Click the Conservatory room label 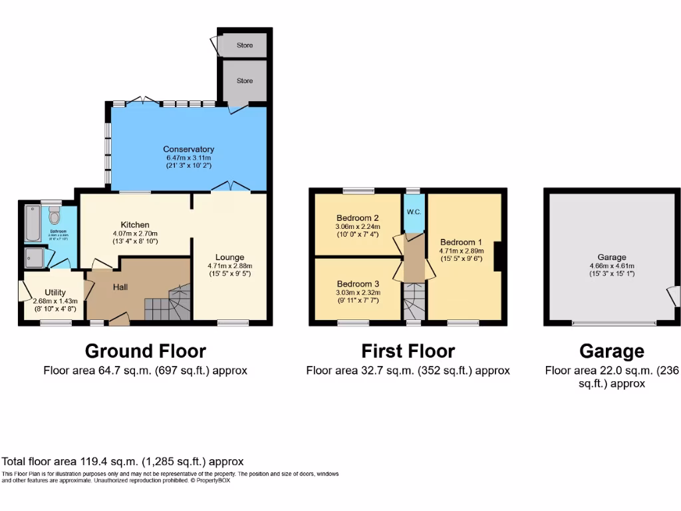pyautogui.click(x=189, y=149)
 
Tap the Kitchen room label pyautogui.click(x=135, y=224)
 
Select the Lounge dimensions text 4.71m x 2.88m pyautogui.click(x=230, y=265)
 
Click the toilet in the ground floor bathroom pyautogui.click(x=54, y=216)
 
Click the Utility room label pyautogui.click(x=55, y=292)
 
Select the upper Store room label pyautogui.click(x=245, y=46)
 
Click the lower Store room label pyautogui.click(x=245, y=81)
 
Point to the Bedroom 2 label pyautogui.click(x=358, y=218)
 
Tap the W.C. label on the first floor pyautogui.click(x=414, y=213)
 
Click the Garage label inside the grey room pyautogui.click(x=611, y=257)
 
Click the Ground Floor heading pyautogui.click(x=145, y=351)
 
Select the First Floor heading pyautogui.click(x=408, y=351)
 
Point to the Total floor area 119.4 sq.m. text pyautogui.click(x=123, y=461)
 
